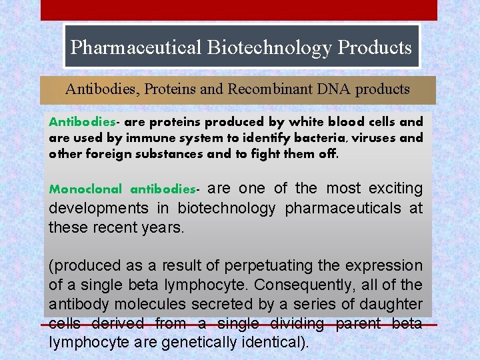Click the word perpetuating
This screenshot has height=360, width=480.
point(269,266)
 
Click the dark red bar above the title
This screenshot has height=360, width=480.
point(239,10)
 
